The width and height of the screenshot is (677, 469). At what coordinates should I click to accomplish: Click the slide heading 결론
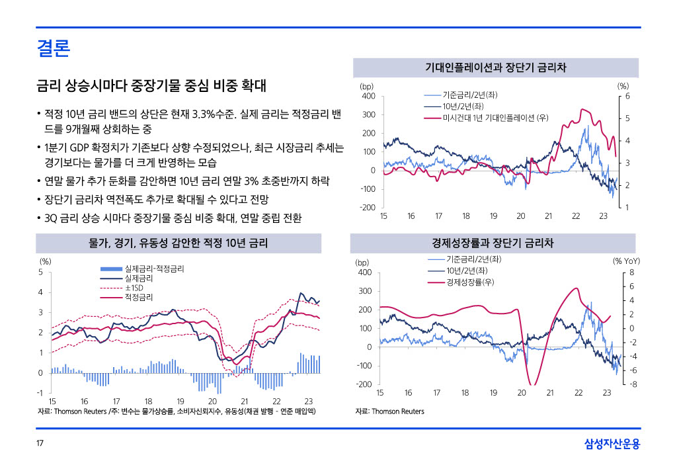click(x=54, y=48)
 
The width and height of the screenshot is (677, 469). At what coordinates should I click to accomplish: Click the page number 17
click(x=40, y=443)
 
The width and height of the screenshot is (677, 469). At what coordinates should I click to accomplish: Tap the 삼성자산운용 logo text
click(x=612, y=443)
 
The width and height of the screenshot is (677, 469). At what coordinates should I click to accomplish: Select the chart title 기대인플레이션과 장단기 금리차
click(x=496, y=67)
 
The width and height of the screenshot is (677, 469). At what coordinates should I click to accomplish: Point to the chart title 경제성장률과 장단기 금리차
click(x=496, y=243)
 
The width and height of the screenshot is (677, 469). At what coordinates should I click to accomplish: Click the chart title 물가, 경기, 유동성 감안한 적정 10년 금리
click(x=179, y=243)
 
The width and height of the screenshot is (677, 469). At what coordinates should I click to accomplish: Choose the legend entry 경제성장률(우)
click(x=471, y=282)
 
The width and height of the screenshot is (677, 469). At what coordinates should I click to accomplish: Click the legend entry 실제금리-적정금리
click(x=154, y=269)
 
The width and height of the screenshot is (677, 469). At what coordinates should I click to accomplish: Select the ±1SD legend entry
click(x=137, y=288)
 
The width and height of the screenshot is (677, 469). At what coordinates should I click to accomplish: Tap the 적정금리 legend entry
click(x=139, y=298)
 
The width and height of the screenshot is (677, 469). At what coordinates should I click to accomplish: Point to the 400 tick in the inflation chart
click(x=368, y=97)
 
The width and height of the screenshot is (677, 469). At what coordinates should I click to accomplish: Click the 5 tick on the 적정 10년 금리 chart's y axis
click(x=40, y=272)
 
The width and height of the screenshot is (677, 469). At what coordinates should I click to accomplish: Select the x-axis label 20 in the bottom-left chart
click(x=212, y=402)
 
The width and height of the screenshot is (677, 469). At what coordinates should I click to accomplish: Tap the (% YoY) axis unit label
click(x=626, y=261)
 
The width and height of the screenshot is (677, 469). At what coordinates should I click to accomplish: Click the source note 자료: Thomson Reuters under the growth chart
click(x=389, y=411)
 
